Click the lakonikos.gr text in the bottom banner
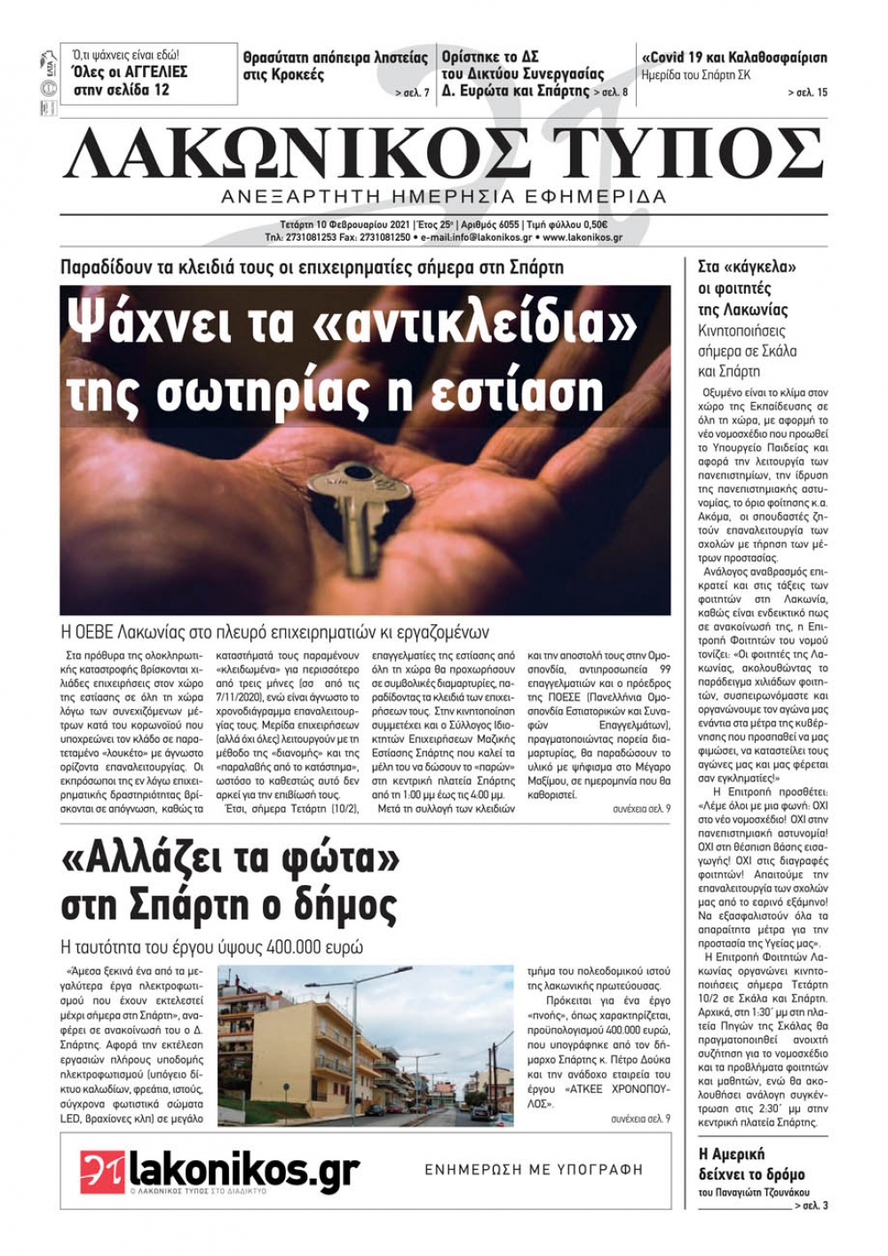point(243,1169)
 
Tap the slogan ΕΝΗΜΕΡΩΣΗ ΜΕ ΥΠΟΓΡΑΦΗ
point(533,1170)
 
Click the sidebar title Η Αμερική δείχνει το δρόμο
point(751,1164)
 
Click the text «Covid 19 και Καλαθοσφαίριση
point(733,58)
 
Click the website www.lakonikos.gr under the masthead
point(582,238)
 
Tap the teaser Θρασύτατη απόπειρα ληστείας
point(335,58)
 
